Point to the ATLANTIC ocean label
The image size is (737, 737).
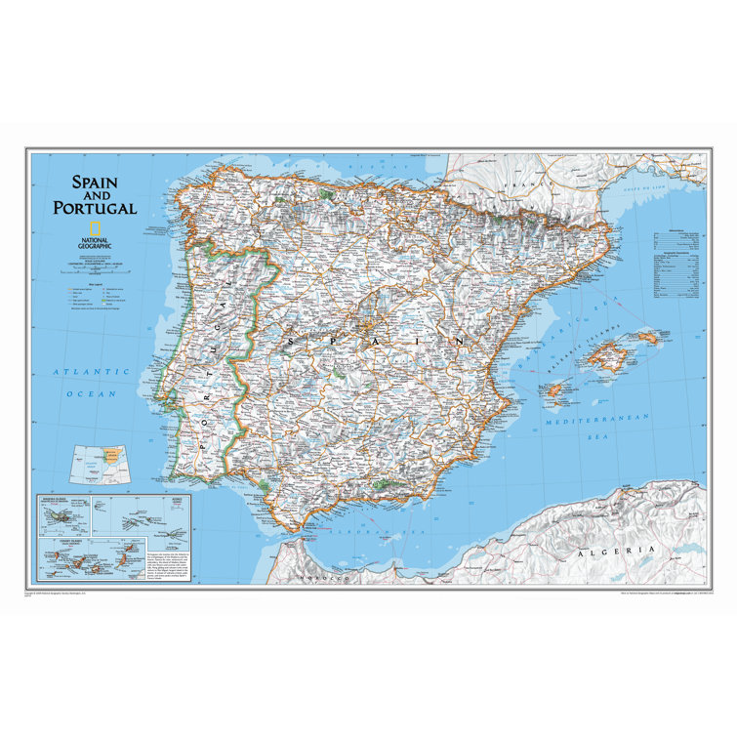click(92, 371)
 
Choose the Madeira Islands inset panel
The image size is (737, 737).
click(64, 513)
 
